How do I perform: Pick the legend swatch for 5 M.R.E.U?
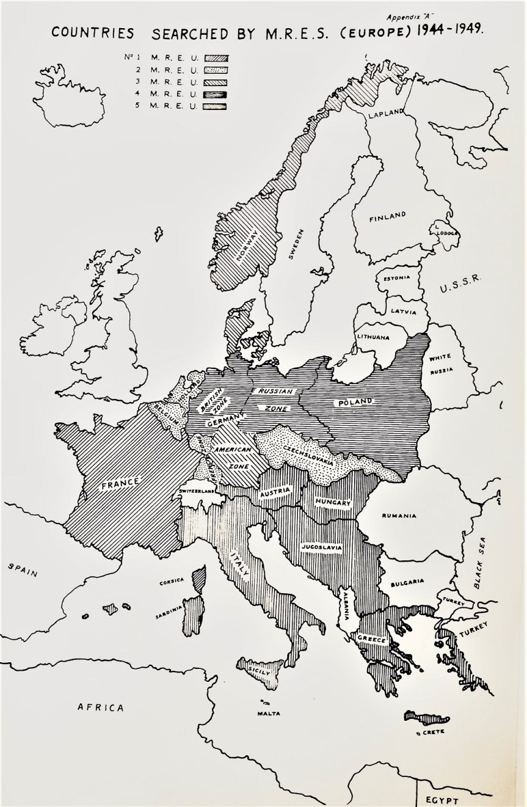click(217, 106)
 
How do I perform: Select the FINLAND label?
click(387, 216)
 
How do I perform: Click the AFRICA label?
click(100, 707)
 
